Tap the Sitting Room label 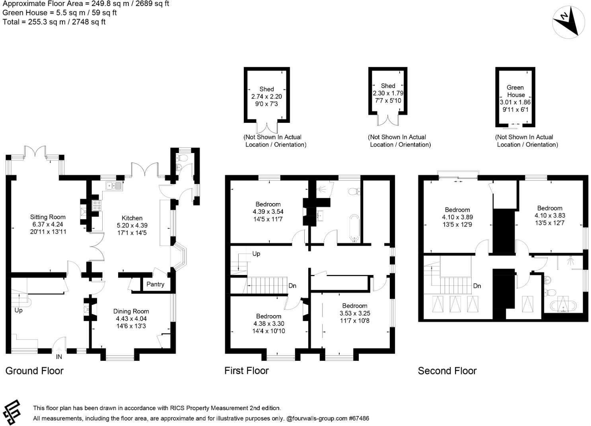[x=48, y=217]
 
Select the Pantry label [x=155, y=284]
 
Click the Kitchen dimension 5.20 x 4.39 [x=132, y=225]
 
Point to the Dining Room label [x=131, y=311]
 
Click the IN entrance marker [x=59, y=357]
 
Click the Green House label [x=515, y=91]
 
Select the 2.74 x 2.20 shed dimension [x=266, y=97]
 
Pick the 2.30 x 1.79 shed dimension [x=388, y=93]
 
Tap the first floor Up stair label [x=256, y=254]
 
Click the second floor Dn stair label [x=477, y=286]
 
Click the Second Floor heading [x=447, y=371]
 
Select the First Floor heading [x=247, y=371]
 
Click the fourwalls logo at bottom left [x=12, y=412]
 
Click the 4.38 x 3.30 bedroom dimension [x=269, y=324]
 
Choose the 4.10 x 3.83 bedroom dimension [x=550, y=215]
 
